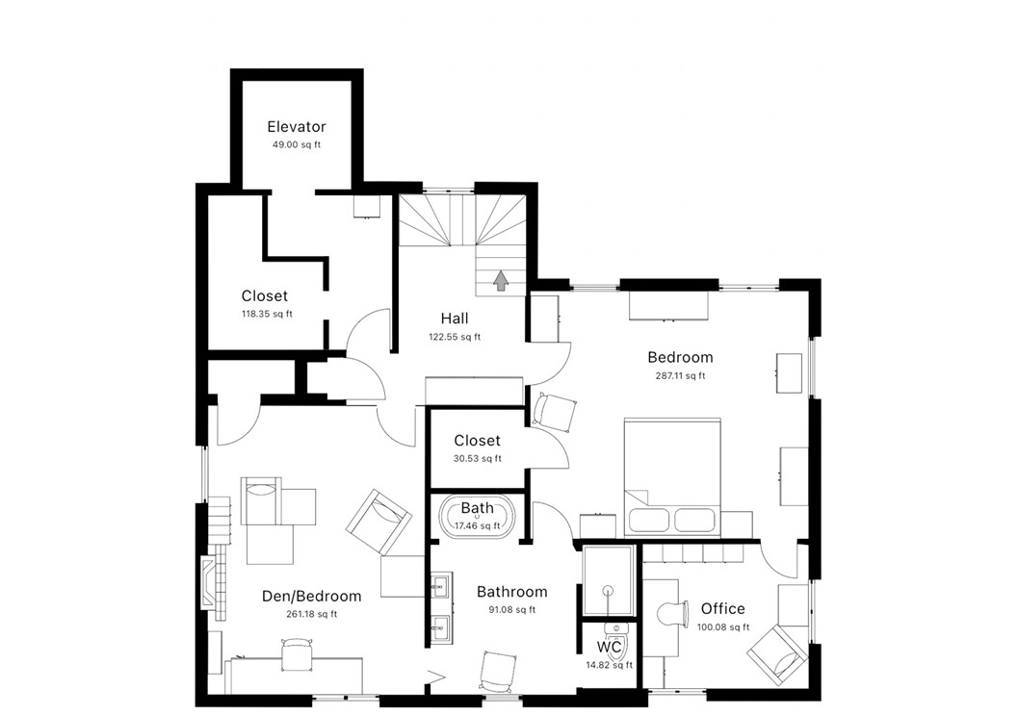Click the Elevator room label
point(296,127)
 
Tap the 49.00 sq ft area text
point(296,145)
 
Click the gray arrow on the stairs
point(501,280)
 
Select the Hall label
point(455,319)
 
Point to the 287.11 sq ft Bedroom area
point(680,376)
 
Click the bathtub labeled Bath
point(478,517)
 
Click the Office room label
point(722,608)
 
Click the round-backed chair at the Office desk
point(671,612)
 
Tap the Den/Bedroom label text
point(311,596)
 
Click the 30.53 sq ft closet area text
point(477,459)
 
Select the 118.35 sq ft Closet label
point(264,296)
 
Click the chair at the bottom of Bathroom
point(497,670)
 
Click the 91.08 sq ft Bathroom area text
point(511,610)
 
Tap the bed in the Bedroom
point(672,476)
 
